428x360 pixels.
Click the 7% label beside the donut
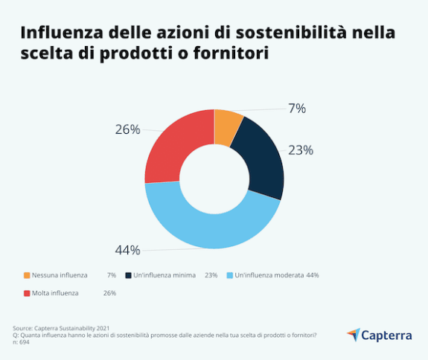coord(296,109)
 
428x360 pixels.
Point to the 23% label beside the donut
coord(301,150)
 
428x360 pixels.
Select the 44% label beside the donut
coord(127,250)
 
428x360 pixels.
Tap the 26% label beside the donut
coord(127,129)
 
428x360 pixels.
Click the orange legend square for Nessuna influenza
coord(27,275)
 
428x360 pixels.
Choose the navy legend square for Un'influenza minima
coord(128,275)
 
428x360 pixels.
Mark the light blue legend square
coord(229,275)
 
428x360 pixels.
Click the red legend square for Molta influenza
coord(27,293)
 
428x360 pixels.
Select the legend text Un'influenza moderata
coord(269,275)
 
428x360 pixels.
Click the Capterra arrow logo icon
coord(353,334)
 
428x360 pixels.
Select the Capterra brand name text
coord(386,335)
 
